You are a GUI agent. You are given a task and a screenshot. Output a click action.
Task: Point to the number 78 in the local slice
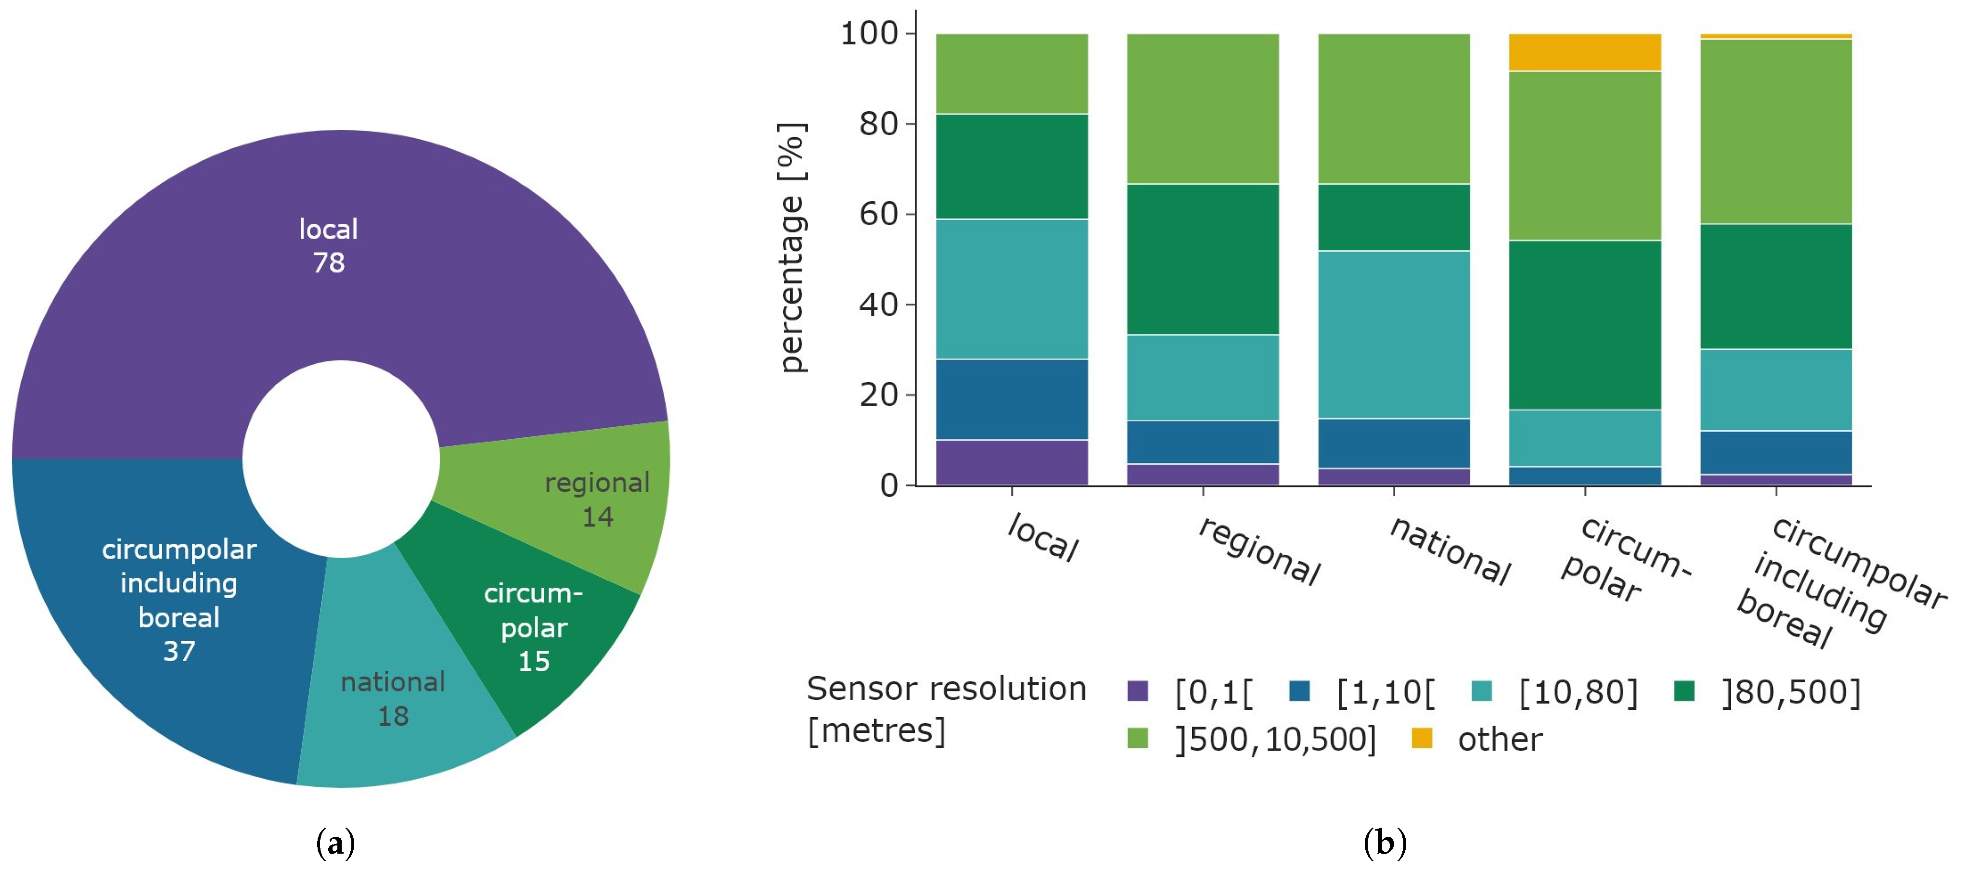328,263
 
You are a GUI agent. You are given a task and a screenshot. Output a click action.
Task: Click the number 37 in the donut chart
179,652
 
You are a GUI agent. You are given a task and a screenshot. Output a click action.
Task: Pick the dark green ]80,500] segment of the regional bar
1203,259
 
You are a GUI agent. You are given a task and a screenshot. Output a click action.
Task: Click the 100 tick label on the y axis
869,34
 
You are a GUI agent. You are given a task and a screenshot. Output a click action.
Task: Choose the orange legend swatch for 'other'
1421,738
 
